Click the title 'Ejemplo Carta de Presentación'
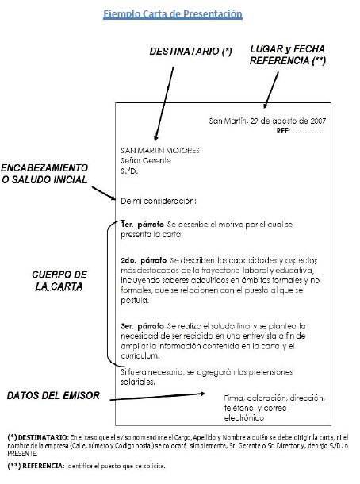coord(172,14)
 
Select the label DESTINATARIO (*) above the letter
coord(190,52)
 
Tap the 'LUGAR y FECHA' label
coord(287,48)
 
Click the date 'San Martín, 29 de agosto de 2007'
coord(267,121)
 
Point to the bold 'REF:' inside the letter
coord(283,131)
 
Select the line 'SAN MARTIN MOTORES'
coord(160,150)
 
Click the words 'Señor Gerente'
coord(146,160)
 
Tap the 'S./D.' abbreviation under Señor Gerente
coord(129,171)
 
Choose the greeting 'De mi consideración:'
coord(159,202)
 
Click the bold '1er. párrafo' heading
coord(142,225)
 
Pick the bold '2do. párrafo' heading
coord(144,260)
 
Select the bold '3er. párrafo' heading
coord(142,326)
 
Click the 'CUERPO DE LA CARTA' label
coord(59,280)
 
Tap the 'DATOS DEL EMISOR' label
coord(53,395)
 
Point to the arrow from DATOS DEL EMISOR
coord(157,397)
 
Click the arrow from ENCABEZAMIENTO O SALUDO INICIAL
coord(103,194)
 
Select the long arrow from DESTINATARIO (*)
coord(164,104)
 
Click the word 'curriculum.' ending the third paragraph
coord(140,356)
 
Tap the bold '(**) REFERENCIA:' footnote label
coord(36,466)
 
